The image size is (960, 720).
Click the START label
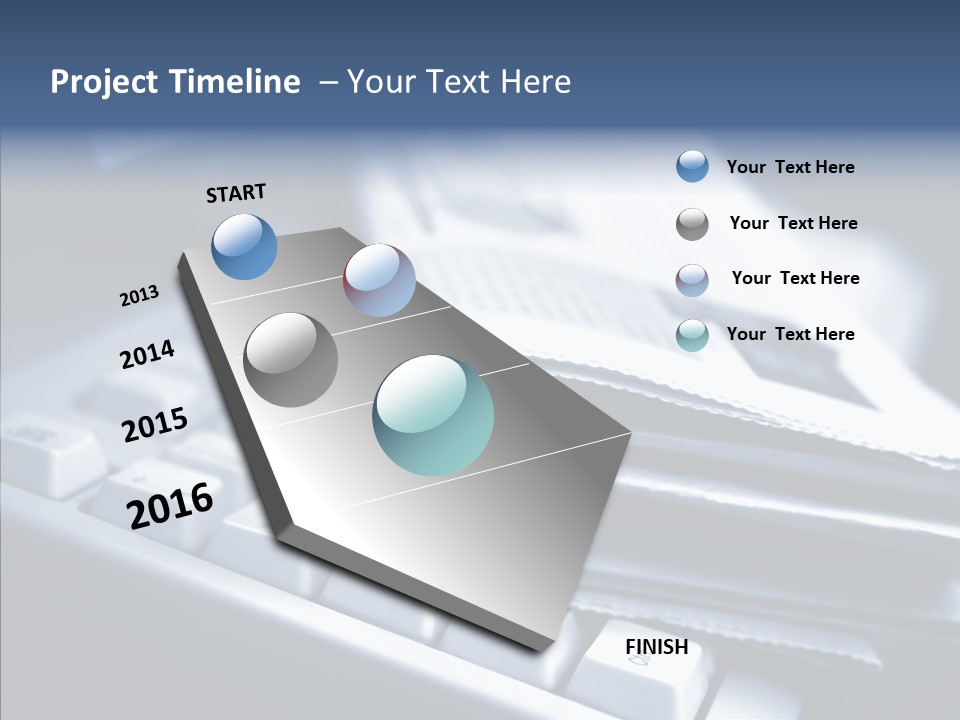pyautogui.click(x=236, y=193)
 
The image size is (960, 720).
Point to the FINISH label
pyautogui.click(x=657, y=647)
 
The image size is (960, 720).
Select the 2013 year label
pyautogui.click(x=139, y=296)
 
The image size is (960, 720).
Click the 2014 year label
pyautogui.click(x=148, y=355)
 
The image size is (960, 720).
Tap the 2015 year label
pyautogui.click(x=155, y=425)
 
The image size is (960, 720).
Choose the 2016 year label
pyautogui.click(x=170, y=506)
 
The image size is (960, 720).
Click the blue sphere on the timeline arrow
pyautogui.click(x=245, y=246)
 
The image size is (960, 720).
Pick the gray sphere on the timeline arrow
pyautogui.click(x=290, y=359)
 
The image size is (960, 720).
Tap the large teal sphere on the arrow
pyautogui.click(x=433, y=415)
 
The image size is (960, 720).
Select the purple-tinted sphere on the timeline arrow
pyautogui.click(x=379, y=280)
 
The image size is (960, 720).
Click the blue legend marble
pyautogui.click(x=692, y=166)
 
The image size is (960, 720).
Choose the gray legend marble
pyautogui.click(x=692, y=224)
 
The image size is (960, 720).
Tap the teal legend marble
pyautogui.click(x=692, y=335)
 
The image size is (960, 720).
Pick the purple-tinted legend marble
pyautogui.click(x=692, y=280)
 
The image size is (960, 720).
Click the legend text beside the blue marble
pyautogui.click(x=790, y=167)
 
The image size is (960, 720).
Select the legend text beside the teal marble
pyautogui.click(x=790, y=334)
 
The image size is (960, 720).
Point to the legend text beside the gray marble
pyautogui.click(x=793, y=223)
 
